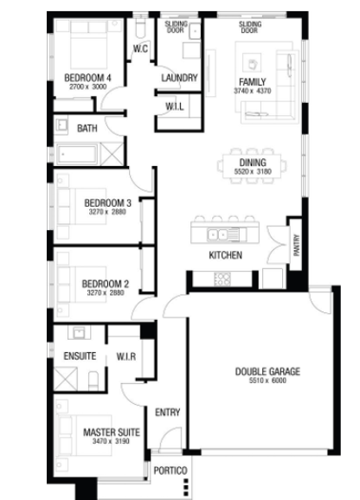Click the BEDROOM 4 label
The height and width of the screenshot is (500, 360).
pos(87,78)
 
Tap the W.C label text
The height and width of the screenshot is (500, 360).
pos(140,48)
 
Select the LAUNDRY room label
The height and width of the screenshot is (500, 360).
pos(179,78)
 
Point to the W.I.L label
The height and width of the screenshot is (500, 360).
pos(175,106)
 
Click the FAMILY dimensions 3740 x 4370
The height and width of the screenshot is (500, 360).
pos(252,91)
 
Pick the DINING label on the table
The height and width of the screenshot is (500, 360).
pos(253,163)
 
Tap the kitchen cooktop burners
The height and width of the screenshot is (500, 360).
pos(222,279)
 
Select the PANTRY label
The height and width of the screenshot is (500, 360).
pos(297,245)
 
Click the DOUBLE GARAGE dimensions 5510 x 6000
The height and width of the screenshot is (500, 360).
pos(267,381)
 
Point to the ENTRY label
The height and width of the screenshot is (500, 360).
pos(167,413)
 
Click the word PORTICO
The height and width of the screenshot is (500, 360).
pos(170,471)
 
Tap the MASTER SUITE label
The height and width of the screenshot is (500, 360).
pos(112,433)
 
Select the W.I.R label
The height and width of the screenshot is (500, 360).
pos(126,356)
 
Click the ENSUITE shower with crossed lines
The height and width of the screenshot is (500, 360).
pos(66,379)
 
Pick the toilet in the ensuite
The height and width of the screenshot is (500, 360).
pos(93,381)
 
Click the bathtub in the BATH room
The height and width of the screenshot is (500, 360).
pos(76,155)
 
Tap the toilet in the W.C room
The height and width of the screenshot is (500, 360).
pos(140,28)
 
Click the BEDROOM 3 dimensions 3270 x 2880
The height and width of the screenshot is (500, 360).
pos(107,212)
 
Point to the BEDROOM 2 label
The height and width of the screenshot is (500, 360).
pos(106,284)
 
